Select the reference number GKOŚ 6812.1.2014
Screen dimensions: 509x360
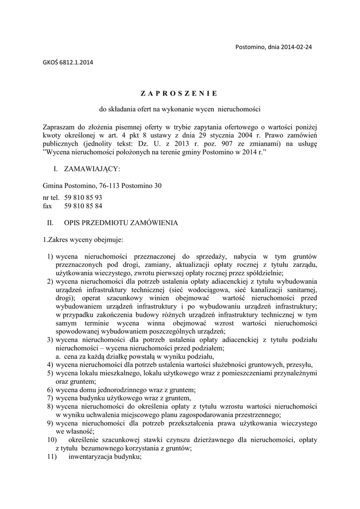click(68, 63)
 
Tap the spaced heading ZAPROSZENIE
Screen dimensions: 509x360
click(179, 93)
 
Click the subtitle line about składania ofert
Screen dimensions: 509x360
click(180, 108)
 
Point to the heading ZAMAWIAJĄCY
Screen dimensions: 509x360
click(91, 170)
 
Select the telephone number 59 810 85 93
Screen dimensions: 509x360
click(83, 197)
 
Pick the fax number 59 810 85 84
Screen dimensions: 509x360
click(83, 206)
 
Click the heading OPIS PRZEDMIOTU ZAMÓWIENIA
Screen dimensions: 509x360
click(121, 223)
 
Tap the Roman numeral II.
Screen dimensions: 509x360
click(50, 223)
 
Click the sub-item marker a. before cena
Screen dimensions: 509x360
click(58, 357)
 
